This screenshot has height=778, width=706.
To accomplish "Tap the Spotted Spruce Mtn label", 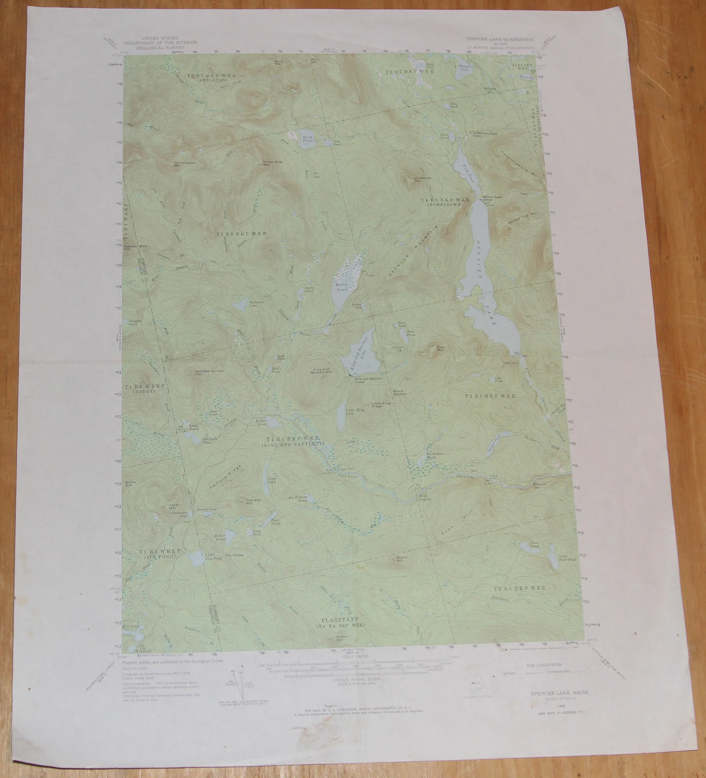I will click(x=209, y=373).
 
